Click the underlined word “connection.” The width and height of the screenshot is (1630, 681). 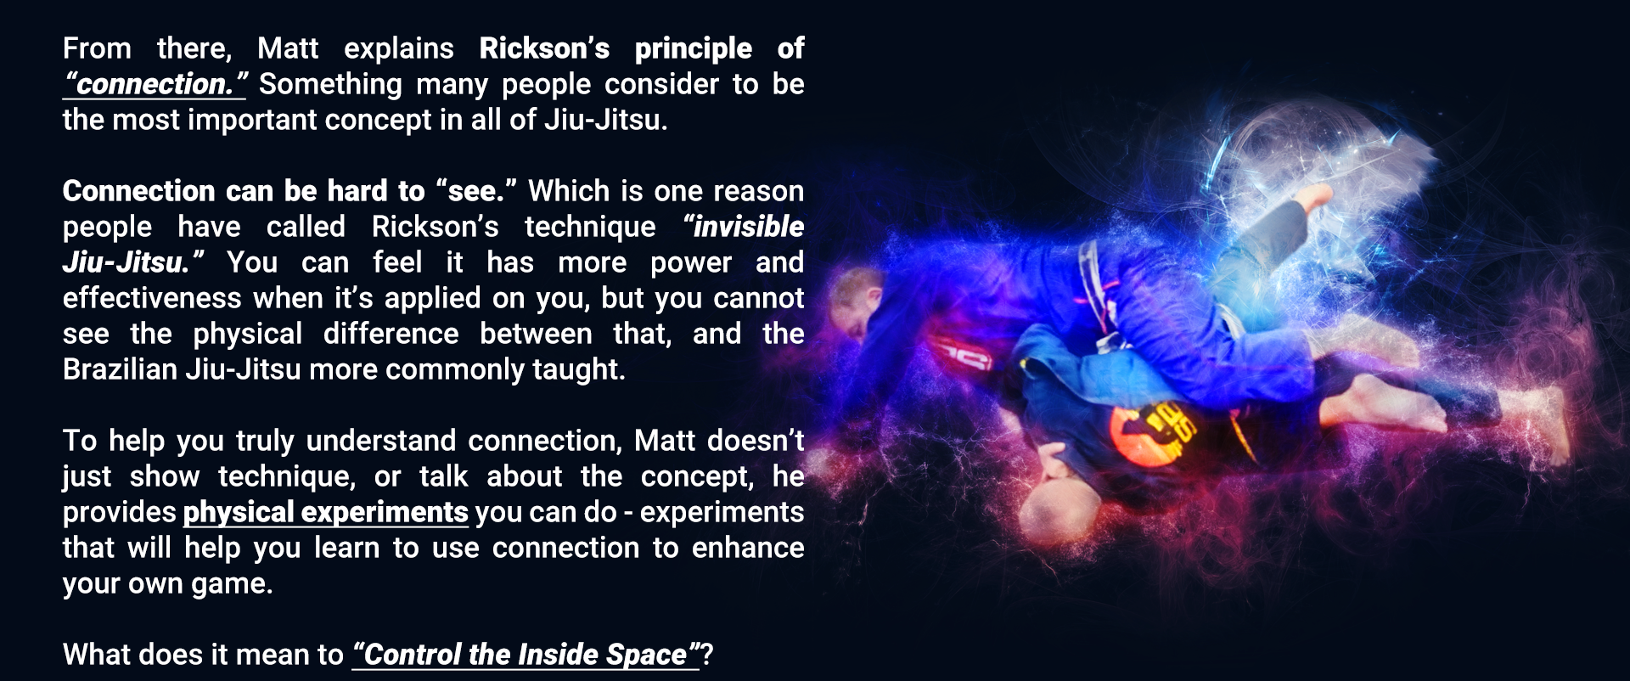point(155,84)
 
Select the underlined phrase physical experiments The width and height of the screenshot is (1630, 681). point(325,512)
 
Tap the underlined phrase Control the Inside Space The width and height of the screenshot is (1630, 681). point(526,655)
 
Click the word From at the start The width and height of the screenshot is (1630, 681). point(97,48)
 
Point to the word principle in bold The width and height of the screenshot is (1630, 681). point(693,49)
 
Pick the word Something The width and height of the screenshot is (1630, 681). point(330,85)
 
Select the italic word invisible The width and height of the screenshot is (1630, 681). point(744,227)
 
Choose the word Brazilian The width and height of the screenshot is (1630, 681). point(120,369)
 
